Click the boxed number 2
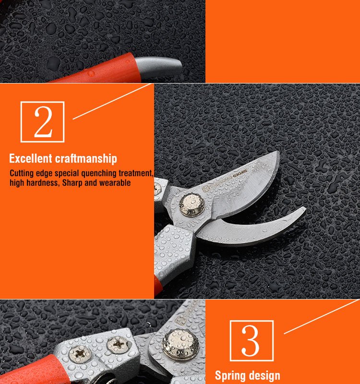click(42, 122)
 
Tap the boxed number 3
click(252, 340)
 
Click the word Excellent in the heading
click(31, 158)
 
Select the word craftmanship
click(86, 159)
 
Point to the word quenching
click(99, 173)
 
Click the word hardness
click(43, 183)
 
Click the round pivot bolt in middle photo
click(192, 205)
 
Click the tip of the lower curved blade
click(305, 208)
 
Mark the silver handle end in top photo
click(159, 67)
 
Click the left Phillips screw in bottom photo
click(80, 354)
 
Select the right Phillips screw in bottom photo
click(118, 344)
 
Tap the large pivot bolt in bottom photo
click(181, 345)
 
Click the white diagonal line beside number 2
click(112, 101)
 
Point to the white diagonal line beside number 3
click(322, 316)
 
